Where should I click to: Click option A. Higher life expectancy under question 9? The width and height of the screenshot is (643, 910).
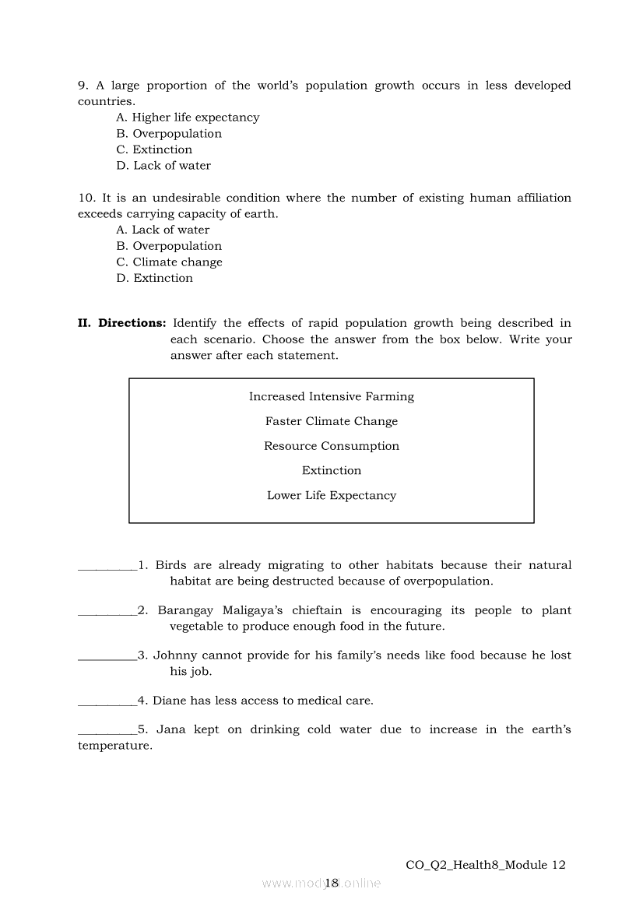tap(188, 118)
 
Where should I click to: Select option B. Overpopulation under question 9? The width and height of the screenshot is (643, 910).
tap(169, 134)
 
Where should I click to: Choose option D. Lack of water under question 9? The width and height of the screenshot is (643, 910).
tap(163, 166)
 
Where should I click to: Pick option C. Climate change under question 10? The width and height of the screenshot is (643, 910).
tap(169, 262)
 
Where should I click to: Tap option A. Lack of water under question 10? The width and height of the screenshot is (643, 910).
tap(163, 230)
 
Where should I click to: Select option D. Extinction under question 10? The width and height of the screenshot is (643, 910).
tap(154, 278)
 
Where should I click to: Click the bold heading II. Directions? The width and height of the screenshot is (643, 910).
tap(122, 323)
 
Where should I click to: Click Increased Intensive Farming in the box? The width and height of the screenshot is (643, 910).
tap(332, 397)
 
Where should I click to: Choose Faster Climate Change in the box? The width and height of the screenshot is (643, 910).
tap(332, 421)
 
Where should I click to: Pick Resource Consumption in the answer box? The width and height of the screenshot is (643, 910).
tap(332, 446)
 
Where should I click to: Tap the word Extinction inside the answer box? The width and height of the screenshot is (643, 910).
tap(332, 471)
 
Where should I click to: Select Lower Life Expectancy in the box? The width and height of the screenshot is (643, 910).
tap(332, 495)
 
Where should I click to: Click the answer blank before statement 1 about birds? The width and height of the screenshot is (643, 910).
tap(107, 568)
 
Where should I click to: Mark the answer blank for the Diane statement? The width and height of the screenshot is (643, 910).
tap(107, 704)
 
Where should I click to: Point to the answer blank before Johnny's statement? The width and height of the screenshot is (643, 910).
tap(107, 659)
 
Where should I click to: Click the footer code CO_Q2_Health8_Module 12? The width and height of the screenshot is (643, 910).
tap(486, 865)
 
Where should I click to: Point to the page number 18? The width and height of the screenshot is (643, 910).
tap(332, 883)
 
